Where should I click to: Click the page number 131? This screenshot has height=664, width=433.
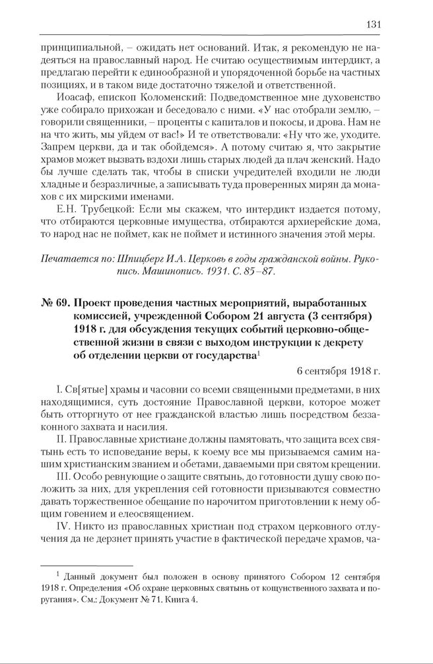pyautogui.click(x=373, y=25)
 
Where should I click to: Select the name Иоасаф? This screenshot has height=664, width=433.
pyautogui.click(x=76, y=96)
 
